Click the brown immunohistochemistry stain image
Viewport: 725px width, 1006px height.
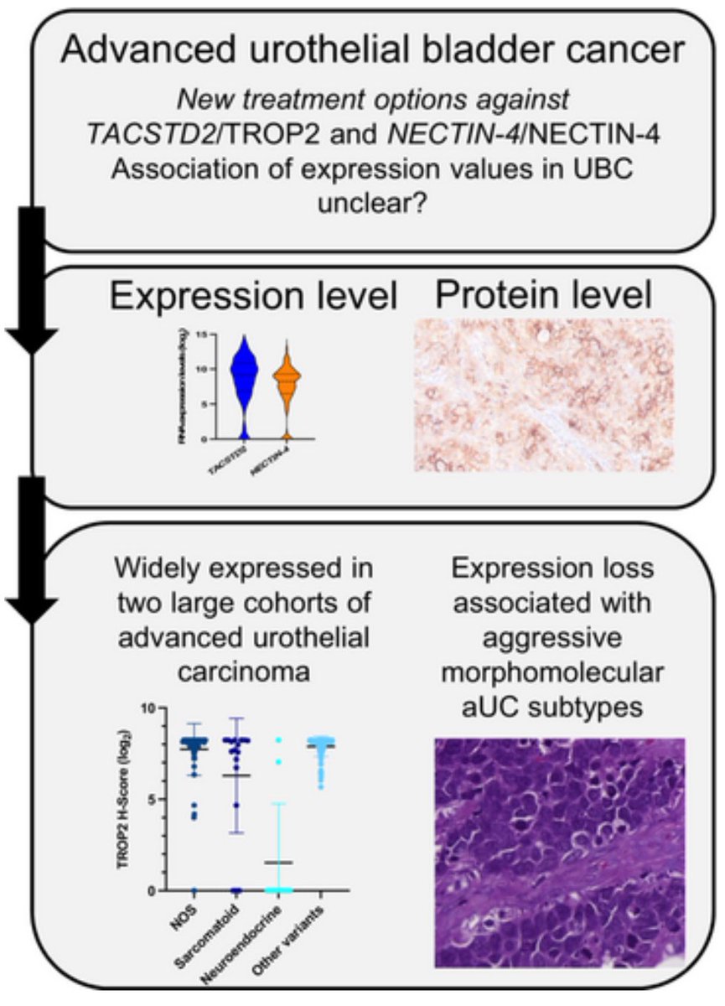544,398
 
